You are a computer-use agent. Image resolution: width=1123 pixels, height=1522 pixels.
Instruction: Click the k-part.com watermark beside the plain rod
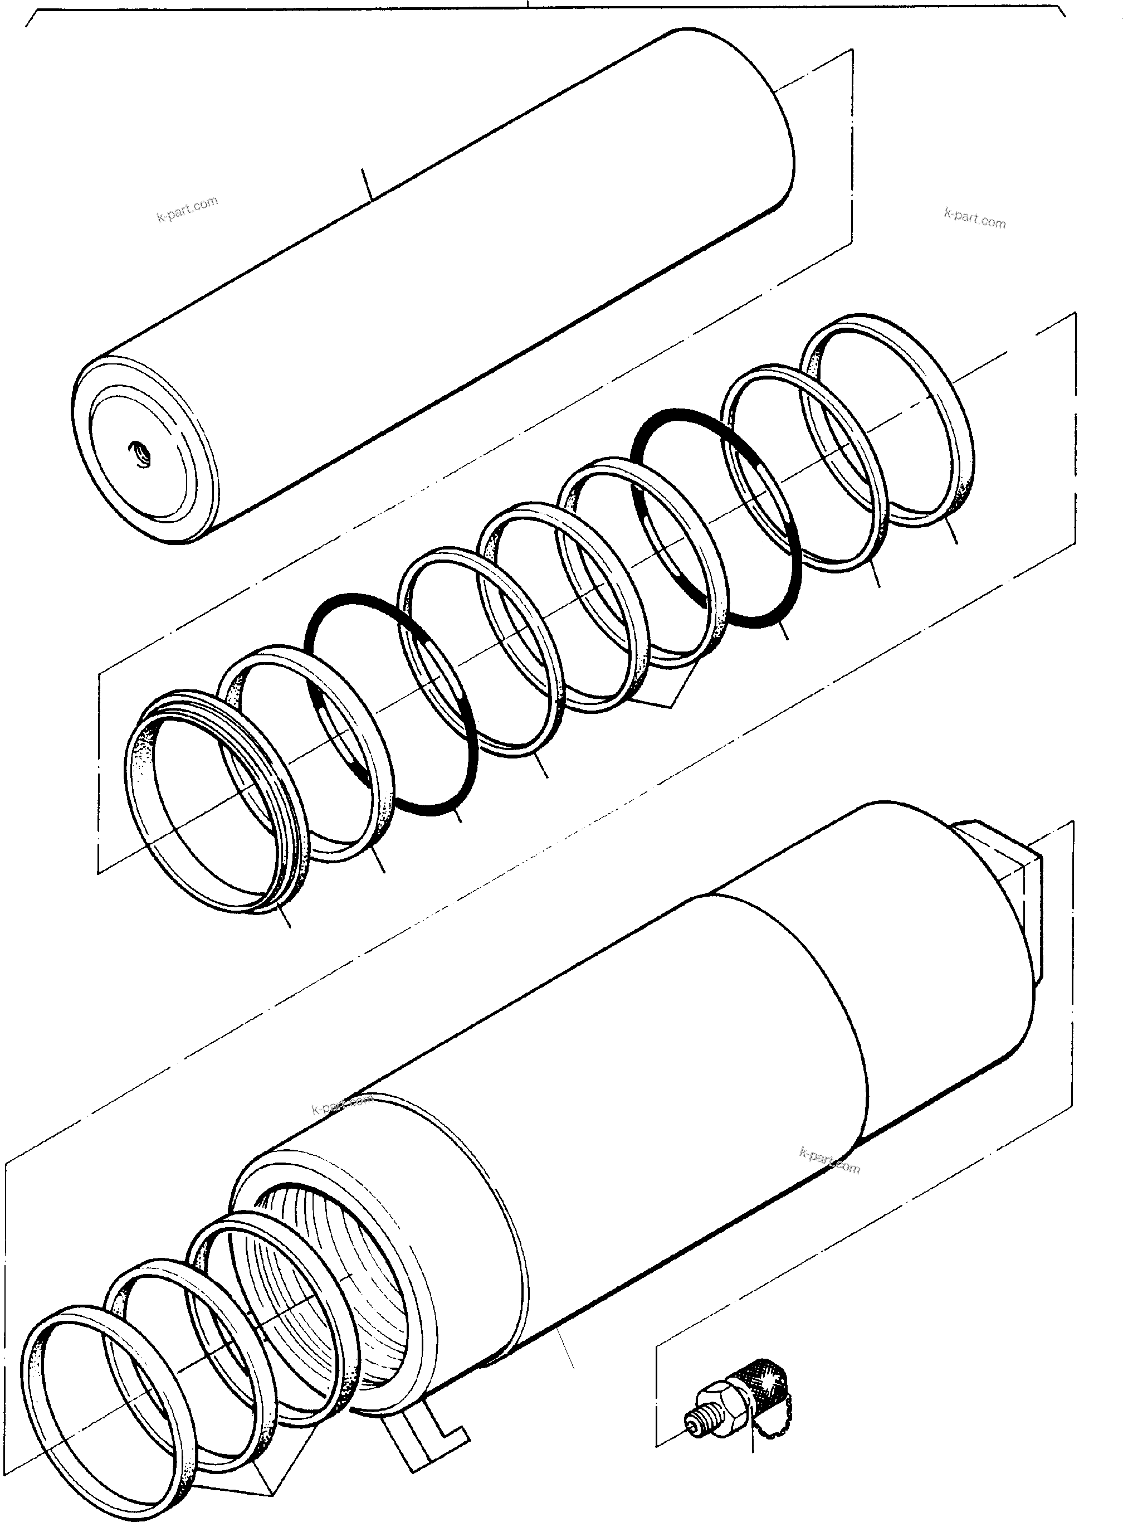tap(188, 209)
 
